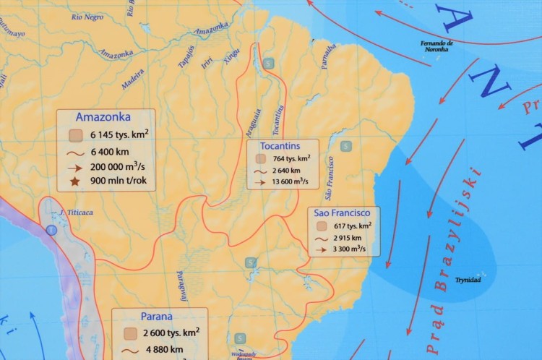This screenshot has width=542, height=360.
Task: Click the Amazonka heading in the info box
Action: (x=103, y=117)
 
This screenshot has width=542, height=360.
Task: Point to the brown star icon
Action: (x=74, y=184)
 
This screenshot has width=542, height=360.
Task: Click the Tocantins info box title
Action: (x=281, y=146)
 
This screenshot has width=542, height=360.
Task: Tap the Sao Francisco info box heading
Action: (x=342, y=213)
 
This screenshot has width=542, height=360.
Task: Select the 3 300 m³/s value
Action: (x=349, y=249)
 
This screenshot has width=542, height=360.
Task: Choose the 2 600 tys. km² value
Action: (x=171, y=333)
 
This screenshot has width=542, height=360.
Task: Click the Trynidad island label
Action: (x=468, y=279)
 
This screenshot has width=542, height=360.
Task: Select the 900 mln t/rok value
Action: (x=121, y=184)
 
